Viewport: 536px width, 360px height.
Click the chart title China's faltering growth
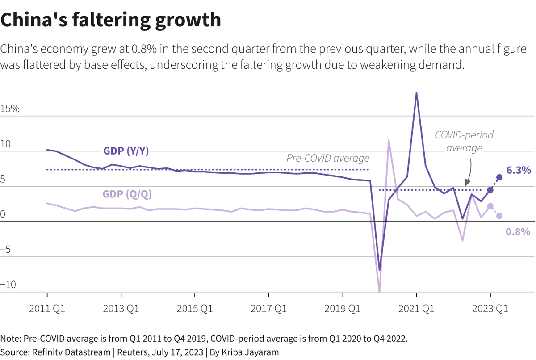pyautogui.click(x=111, y=20)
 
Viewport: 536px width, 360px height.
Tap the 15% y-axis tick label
pyautogui.click(x=10, y=109)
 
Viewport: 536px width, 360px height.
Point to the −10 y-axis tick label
pyautogui.click(x=8, y=285)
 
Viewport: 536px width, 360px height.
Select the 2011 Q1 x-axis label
pyautogui.click(x=47, y=309)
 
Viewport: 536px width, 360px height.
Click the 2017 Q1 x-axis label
pyautogui.click(x=268, y=309)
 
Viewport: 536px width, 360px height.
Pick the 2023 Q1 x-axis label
pyautogui.click(x=490, y=309)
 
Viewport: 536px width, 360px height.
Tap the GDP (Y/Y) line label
pyautogui.click(x=126, y=151)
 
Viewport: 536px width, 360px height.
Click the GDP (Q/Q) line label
pyautogui.click(x=126, y=194)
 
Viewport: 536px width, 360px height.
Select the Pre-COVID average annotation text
pyautogui.click(x=328, y=158)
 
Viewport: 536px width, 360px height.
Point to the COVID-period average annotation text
pyautogui.click(x=464, y=141)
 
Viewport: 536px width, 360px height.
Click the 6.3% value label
pyautogui.click(x=519, y=170)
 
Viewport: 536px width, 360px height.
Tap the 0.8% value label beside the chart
pyautogui.click(x=518, y=231)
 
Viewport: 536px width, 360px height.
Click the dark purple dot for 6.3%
pyautogui.click(x=499, y=177)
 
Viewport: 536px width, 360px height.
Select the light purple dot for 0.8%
pyautogui.click(x=499, y=216)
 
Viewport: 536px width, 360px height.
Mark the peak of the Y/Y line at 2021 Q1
pyautogui.click(x=416, y=93)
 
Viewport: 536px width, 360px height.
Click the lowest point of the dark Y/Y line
pyautogui.click(x=379, y=270)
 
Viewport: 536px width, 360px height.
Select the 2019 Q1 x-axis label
pyautogui.click(x=342, y=309)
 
